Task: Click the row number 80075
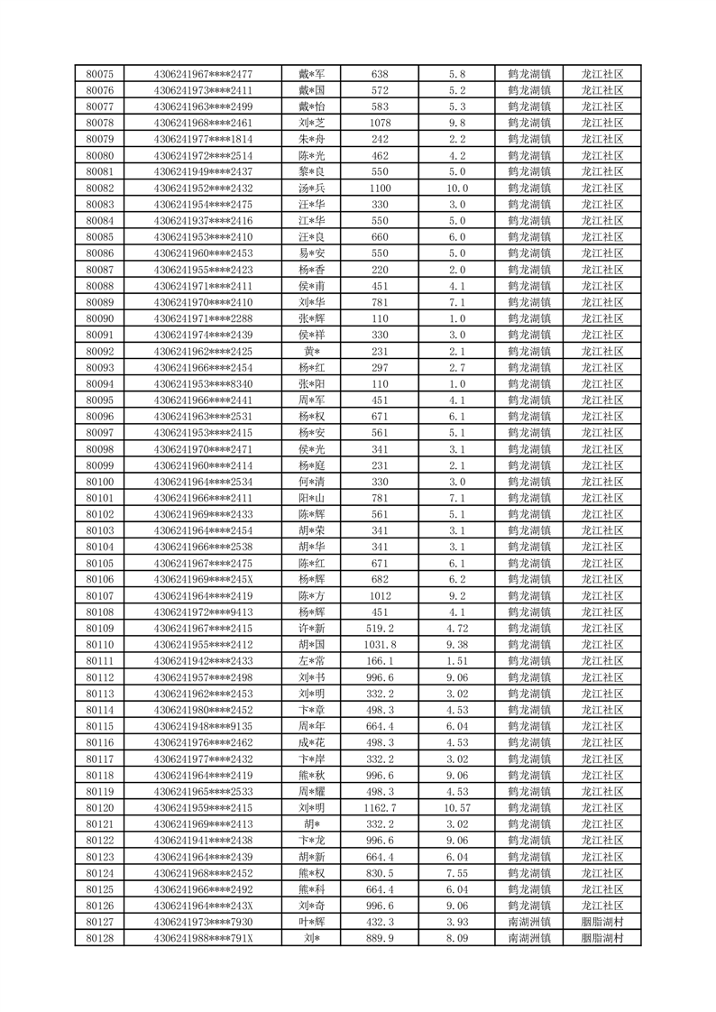pyautogui.click(x=99, y=74)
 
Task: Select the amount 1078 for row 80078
pyautogui.click(x=380, y=123)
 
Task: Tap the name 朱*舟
pyautogui.click(x=312, y=139)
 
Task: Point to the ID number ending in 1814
pyautogui.click(x=203, y=139)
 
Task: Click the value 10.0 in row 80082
pyautogui.click(x=457, y=188)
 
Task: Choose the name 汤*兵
pyautogui.click(x=312, y=188)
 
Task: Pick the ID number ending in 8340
pyautogui.click(x=203, y=383)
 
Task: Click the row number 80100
pyautogui.click(x=99, y=482)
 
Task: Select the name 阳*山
pyautogui.click(x=312, y=498)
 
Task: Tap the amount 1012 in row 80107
pyautogui.click(x=380, y=595)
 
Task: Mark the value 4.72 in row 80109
pyautogui.click(x=457, y=628)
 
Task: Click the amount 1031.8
pyautogui.click(x=380, y=644)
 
